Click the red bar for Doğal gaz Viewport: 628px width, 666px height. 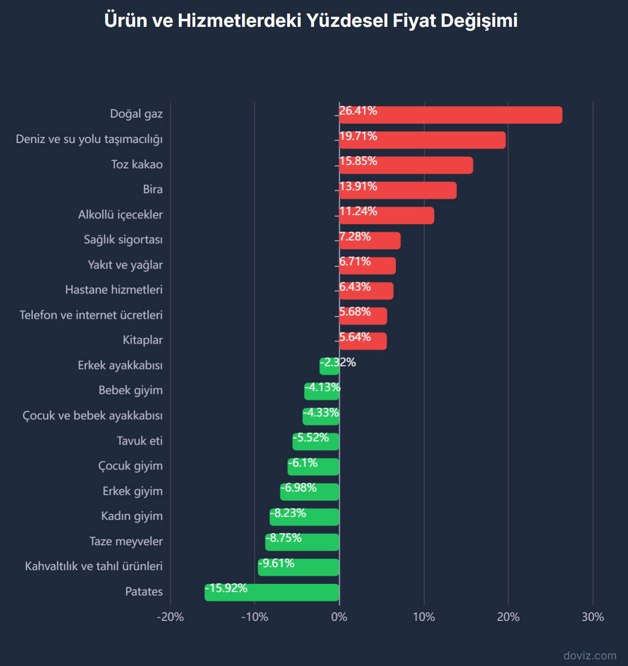coord(451,115)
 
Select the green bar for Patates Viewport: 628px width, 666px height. coord(272,593)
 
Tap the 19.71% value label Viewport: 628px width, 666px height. coord(358,136)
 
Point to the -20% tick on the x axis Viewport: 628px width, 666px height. coord(170,617)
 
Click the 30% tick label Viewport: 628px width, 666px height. coord(593,617)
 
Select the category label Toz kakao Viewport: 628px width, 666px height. coord(137,164)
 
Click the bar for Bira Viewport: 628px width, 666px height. coord(398,191)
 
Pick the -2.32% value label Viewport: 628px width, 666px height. coord(338,362)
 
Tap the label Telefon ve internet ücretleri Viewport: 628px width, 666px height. coord(91,315)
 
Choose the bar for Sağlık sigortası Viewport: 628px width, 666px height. coord(370,241)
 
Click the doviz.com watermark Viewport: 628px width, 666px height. coord(590,655)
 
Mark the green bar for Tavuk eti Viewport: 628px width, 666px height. coord(316,442)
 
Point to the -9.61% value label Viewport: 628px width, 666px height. coord(277,563)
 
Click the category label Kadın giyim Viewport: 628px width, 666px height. coord(132,516)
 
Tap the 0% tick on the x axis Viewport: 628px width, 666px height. coord(339,617)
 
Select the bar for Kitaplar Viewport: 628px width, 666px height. coord(363,342)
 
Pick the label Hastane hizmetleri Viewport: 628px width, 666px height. coord(114,290)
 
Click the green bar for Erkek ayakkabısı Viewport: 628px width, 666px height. coord(329,366)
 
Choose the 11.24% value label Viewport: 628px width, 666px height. coord(358,211)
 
